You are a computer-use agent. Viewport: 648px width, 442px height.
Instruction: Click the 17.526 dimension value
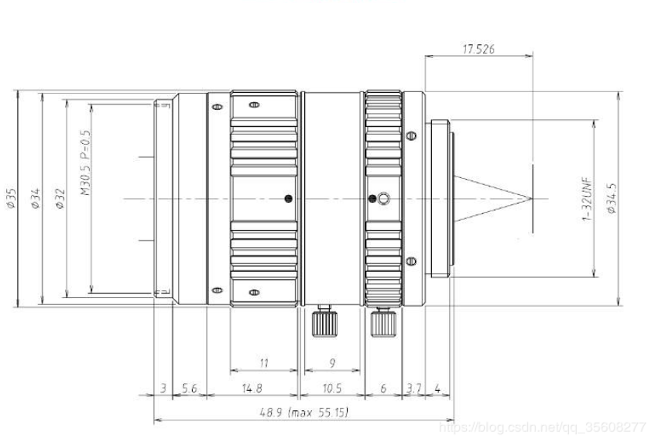pos(478,50)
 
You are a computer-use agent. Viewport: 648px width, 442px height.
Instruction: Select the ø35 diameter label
pos(11,199)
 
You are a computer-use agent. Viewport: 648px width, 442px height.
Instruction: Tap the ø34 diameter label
pos(36,199)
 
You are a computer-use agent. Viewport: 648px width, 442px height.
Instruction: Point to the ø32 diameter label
pos(60,199)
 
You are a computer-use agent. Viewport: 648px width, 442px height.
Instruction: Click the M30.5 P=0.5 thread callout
pos(85,163)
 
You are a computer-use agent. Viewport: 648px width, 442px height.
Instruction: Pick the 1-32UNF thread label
pos(588,199)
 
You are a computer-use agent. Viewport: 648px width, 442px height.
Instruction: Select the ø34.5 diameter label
pos(612,198)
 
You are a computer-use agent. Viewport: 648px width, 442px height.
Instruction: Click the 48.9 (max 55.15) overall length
pos(303,413)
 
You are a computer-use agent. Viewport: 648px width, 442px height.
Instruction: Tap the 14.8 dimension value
pos(252,389)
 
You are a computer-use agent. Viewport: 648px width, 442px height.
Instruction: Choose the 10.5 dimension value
pos(332,389)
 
